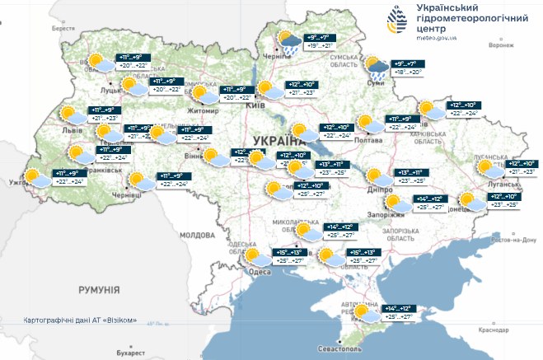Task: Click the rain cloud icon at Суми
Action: click(x=378, y=68)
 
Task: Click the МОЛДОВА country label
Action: click(x=197, y=234)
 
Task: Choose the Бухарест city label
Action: click(x=130, y=353)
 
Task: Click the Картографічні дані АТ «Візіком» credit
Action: click(x=79, y=320)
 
